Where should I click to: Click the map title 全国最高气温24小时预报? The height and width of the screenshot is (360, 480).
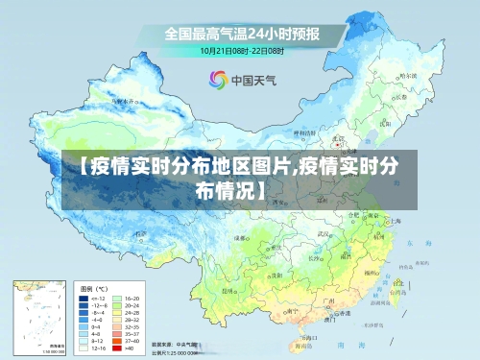pyautogui.click(x=241, y=32)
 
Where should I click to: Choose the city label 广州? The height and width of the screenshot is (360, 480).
pyautogui.click(x=327, y=300)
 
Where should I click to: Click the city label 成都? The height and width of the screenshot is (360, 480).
pyautogui.click(x=241, y=238)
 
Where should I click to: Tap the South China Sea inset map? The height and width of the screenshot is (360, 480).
pyautogui.click(x=37, y=317)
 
